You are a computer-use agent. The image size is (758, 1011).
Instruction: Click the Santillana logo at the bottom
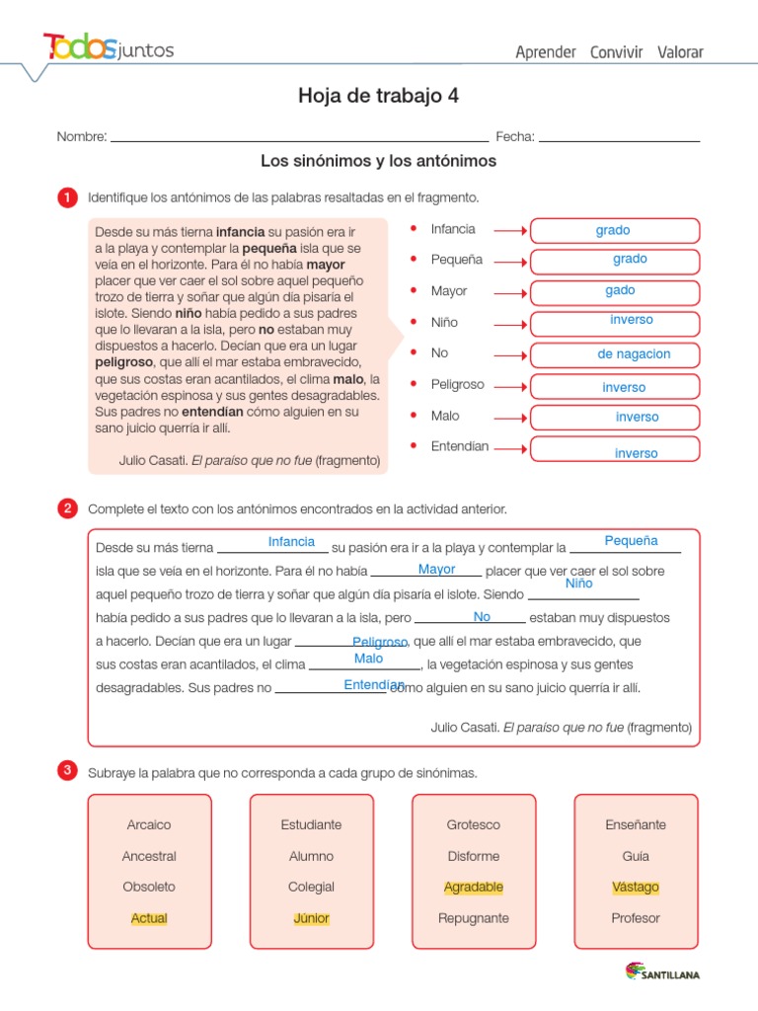662,972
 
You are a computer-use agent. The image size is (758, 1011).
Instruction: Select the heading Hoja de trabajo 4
378,96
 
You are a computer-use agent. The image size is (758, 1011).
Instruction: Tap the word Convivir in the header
616,52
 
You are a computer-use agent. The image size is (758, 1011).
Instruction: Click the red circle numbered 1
67,198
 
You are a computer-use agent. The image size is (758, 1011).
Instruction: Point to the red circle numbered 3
67,772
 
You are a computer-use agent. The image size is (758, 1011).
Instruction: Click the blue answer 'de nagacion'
634,354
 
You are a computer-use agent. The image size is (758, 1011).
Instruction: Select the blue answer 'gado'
620,290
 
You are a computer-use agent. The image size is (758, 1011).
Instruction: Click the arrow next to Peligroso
509,386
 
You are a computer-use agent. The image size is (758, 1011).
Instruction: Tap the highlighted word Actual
149,918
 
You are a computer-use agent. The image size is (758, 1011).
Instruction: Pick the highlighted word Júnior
311,918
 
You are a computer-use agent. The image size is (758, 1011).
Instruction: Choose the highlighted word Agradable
474,887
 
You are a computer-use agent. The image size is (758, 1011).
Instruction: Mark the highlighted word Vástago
636,887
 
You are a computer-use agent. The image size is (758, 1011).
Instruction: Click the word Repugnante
474,918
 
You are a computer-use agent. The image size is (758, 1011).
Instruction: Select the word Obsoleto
149,887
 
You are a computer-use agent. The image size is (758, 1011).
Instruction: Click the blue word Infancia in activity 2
291,542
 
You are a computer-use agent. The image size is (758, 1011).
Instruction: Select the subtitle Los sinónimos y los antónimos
378,161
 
